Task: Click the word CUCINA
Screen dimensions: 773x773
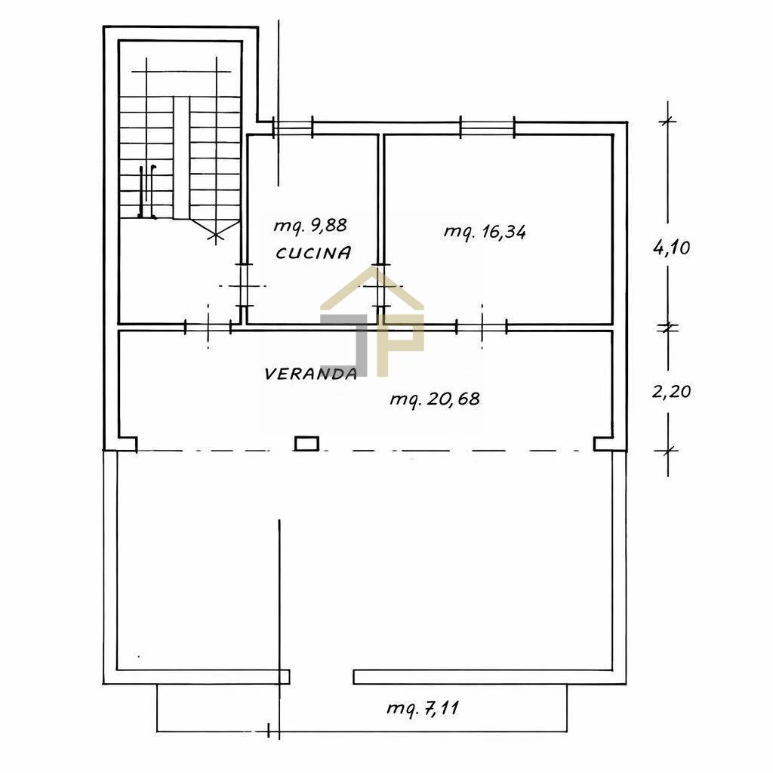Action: [313, 253]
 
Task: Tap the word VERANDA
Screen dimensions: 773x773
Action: [310, 374]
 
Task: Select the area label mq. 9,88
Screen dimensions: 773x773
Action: [310, 226]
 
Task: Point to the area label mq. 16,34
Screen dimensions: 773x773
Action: [485, 231]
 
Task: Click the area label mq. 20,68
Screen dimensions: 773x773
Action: [435, 399]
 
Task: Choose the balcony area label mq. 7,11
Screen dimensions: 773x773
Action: [423, 708]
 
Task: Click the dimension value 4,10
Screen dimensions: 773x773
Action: [671, 248]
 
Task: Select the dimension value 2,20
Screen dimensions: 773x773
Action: [671, 392]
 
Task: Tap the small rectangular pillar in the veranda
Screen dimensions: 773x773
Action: [306, 444]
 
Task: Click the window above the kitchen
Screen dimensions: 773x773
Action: [293, 128]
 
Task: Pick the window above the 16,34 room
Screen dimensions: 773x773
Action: [487, 127]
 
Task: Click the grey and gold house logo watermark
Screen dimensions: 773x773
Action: [372, 320]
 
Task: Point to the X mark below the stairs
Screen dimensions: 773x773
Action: [215, 236]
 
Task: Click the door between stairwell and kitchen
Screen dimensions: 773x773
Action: [243, 285]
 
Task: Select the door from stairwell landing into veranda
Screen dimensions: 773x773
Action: [208, 327]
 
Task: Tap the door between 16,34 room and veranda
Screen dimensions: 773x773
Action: [482, 327]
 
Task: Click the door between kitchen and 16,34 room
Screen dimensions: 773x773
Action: [380, 285]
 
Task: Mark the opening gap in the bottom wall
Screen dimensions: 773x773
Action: [322, 677]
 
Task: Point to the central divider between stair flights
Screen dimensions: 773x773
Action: [181, 157]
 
